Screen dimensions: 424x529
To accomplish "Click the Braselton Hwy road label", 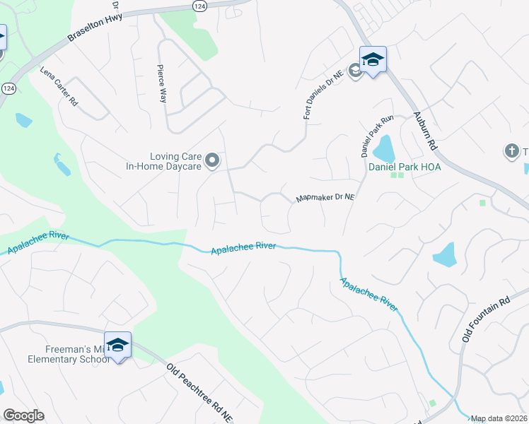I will [95, 28].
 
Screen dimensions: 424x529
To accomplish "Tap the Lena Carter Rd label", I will [59, 86].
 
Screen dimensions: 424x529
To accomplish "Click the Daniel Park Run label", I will [366, 136].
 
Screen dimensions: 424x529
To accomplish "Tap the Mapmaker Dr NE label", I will [325, 199].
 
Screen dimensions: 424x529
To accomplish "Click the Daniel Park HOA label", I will [405, 167].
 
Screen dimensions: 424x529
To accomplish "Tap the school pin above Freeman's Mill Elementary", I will [117, 345].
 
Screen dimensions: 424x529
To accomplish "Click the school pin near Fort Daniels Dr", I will [373, 59].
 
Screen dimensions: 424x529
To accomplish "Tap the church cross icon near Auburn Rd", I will [511, 151].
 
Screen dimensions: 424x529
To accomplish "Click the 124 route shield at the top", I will [200, 6].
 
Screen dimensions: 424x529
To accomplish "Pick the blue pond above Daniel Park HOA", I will [383, 148].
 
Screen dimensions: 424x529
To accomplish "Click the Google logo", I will [23, 416].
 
